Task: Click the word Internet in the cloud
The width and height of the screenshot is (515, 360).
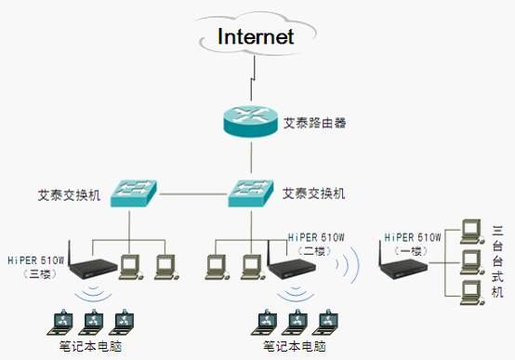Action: coord(256,36)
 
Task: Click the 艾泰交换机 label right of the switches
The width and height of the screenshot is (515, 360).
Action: coord(314,194)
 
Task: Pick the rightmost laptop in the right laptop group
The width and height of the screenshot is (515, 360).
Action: coord(326,322)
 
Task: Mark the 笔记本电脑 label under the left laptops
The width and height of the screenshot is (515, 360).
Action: coord(90,347)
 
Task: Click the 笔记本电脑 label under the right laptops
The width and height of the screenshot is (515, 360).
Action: coord(297,347)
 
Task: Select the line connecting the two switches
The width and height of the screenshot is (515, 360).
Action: coord(192,195)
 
